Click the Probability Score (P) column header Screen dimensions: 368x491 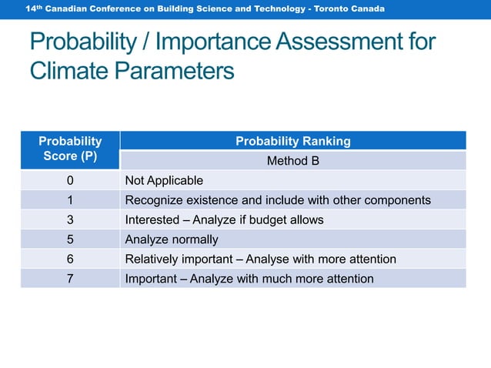coord(70,149)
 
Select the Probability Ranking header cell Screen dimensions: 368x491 coord(292,141)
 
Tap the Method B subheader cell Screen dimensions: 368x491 coord(292,161)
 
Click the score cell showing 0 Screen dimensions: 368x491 coord(70,180)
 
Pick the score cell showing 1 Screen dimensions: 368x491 coord(70,200)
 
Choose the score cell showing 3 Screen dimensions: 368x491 coord(70,219)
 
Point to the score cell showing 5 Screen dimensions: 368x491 coord(70,239)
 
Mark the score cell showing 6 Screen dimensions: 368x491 coord(70,259)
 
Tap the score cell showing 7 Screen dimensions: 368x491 coord(70,279)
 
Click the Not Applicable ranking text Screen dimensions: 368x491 coord(164,180)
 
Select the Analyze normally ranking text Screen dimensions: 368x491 coord(172,239)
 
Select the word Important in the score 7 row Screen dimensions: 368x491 coord(151,279)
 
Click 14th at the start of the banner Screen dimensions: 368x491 coord(32,8)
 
